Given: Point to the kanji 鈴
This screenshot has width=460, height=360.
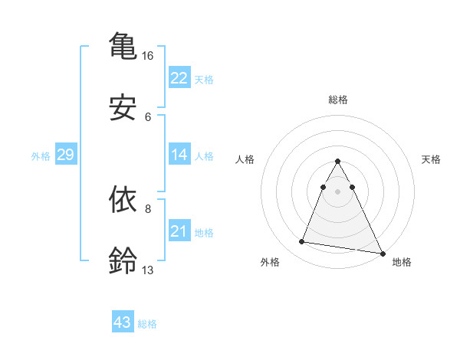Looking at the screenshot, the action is (123, 260).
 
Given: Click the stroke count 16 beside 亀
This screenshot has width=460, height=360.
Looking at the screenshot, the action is (148, 56).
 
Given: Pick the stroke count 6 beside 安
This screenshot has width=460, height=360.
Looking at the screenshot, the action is (148, 117).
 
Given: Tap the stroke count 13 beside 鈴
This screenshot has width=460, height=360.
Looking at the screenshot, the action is (148, 270).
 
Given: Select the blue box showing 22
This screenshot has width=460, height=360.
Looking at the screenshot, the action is (179, 78).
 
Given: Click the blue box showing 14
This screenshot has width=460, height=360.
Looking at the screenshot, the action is (179, 155).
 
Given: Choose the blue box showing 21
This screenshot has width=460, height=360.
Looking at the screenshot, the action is (179, 231).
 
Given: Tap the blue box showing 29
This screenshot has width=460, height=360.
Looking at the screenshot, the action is (65, 155).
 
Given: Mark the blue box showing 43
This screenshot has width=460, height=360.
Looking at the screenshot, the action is (122, 322).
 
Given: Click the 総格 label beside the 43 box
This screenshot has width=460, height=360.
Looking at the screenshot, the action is (147, 324).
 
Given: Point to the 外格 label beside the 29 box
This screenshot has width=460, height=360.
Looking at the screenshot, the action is (41, 156).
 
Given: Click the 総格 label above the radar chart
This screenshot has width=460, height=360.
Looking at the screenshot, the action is (338, 100).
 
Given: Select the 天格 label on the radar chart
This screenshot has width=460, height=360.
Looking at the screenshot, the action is (431, 159).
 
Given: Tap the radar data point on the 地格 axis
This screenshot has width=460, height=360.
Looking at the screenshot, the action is (383, 253).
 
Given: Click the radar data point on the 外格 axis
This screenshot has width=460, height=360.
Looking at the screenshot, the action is (302, 242).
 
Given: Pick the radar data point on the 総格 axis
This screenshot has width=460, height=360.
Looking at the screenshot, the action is (338, 162).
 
